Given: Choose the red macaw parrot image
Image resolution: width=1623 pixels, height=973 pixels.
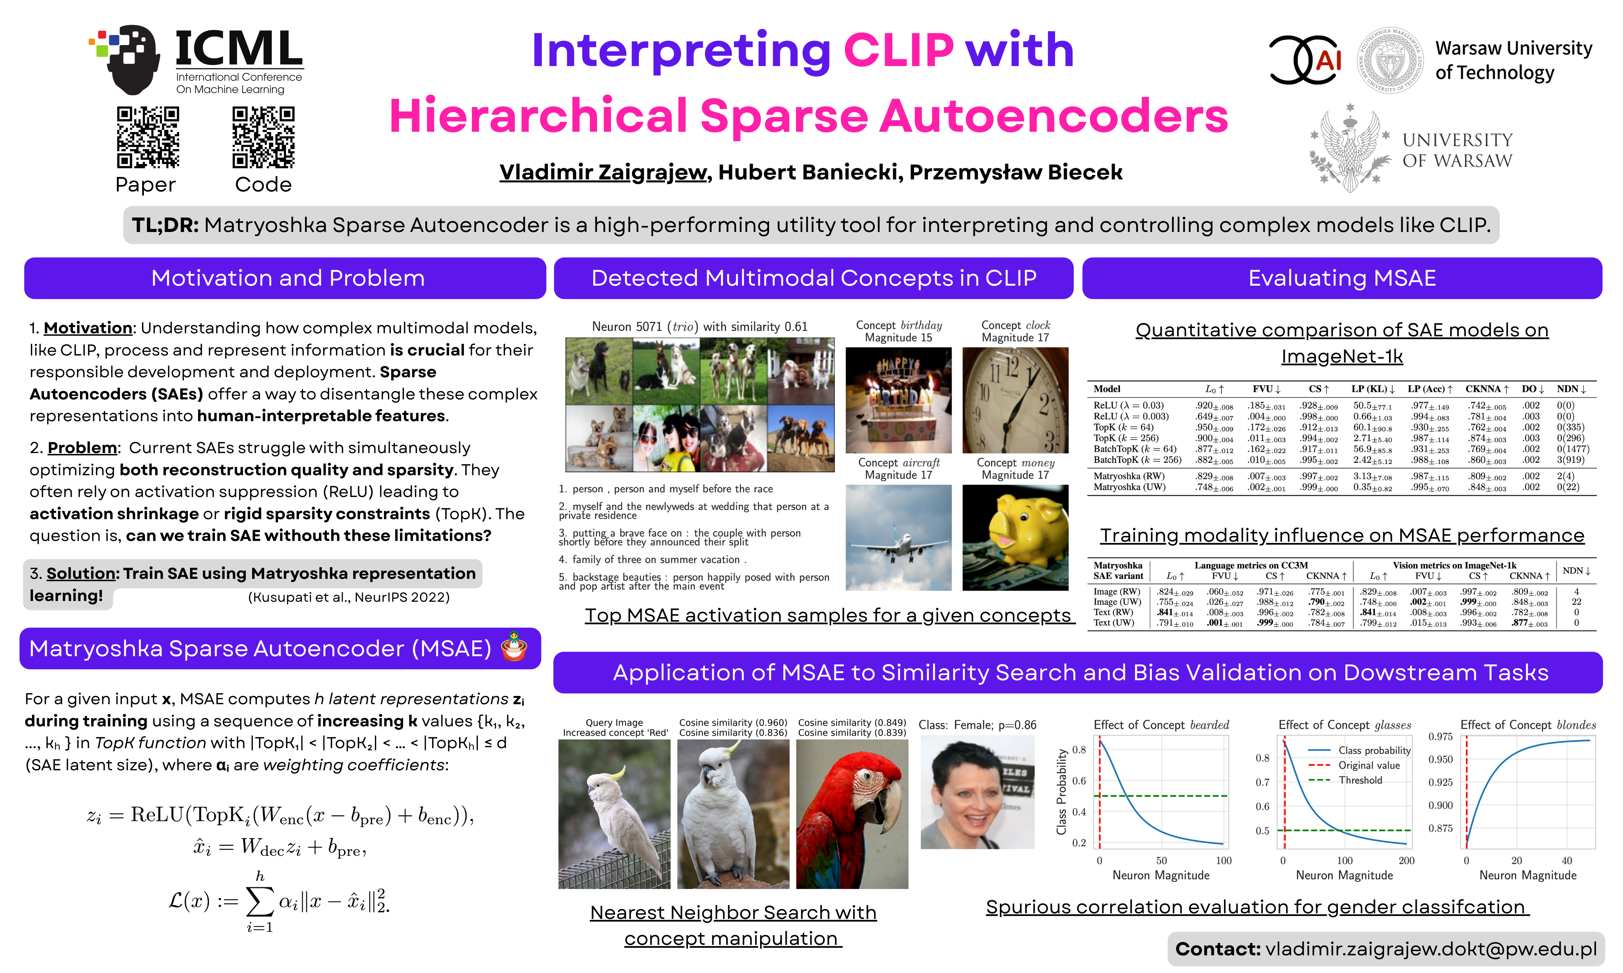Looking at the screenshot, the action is pos(852,814).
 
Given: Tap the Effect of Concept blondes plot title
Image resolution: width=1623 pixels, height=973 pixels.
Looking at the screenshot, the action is pos(1528,724).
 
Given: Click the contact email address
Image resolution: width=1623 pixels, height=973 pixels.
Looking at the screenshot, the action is pos(1431,949).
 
